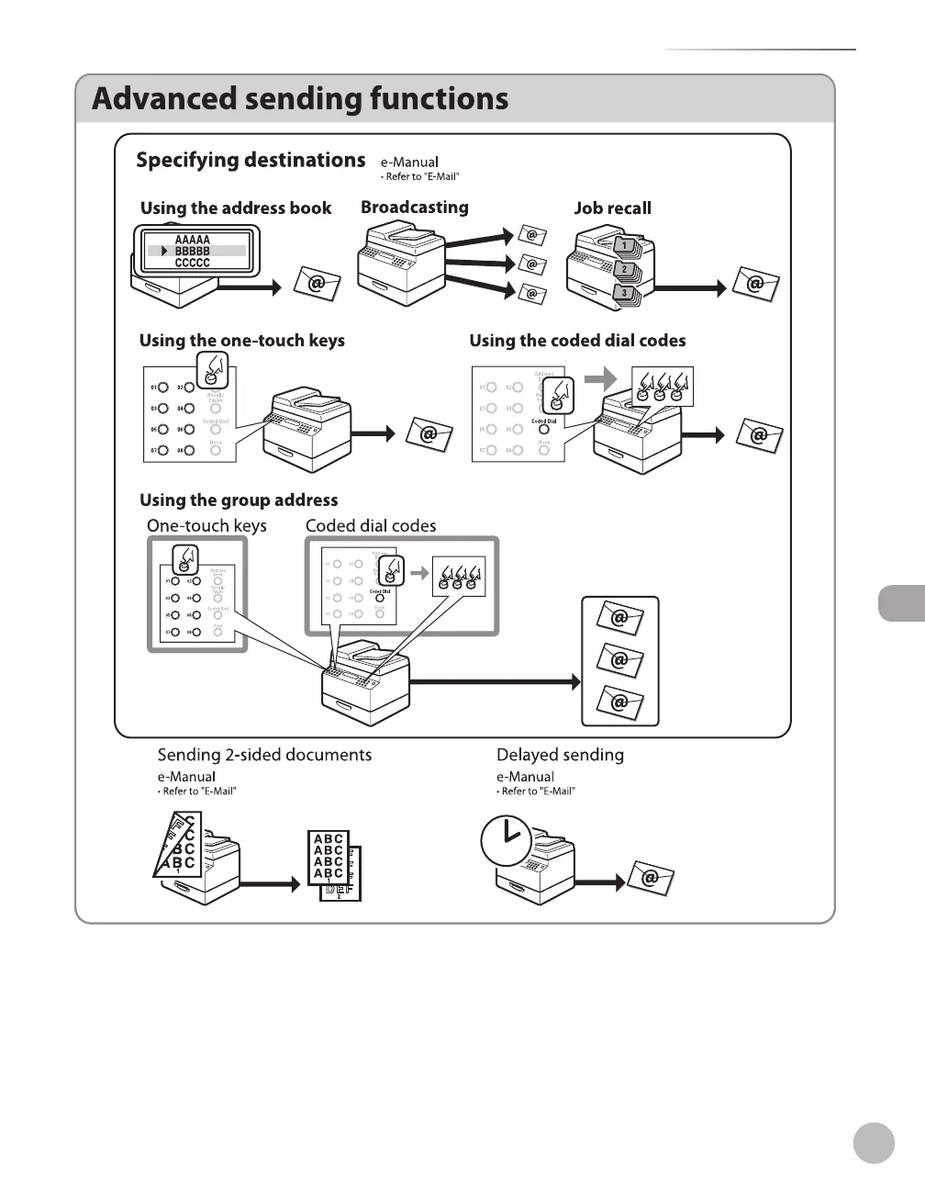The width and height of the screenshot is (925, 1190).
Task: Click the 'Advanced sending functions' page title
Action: [x=300, y=99]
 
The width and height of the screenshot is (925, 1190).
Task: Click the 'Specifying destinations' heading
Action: [x=251, y=161]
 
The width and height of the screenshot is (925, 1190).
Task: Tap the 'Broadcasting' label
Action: [x=414, y=208]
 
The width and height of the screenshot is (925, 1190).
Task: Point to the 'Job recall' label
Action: [x=612, y=208]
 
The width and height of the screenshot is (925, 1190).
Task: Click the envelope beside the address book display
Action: [x=317, y=284]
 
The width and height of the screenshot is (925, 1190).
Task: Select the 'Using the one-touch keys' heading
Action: [x=241, y=341]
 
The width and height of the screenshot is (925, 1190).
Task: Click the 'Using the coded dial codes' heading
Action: [x=577, y=341]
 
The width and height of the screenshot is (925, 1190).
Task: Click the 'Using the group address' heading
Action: [x=239, y=500]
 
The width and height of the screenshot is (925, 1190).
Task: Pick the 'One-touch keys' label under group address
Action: [x=206, y=526]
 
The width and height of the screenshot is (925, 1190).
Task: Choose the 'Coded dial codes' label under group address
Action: [x=371, y=526]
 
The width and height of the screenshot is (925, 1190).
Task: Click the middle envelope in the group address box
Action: [x=619, y=660]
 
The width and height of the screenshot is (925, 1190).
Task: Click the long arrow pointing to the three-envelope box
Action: [x=496, y=682]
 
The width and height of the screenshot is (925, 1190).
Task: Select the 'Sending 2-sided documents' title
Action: [x=264, y=755]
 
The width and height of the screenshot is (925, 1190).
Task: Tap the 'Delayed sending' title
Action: [x=560, y=755]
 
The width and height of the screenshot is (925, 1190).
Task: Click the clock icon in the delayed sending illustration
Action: [x=506, y=840]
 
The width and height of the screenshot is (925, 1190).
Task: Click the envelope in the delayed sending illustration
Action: [x=651, y=879]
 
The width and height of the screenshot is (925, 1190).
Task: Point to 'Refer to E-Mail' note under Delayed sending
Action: [x=538, y=791]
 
